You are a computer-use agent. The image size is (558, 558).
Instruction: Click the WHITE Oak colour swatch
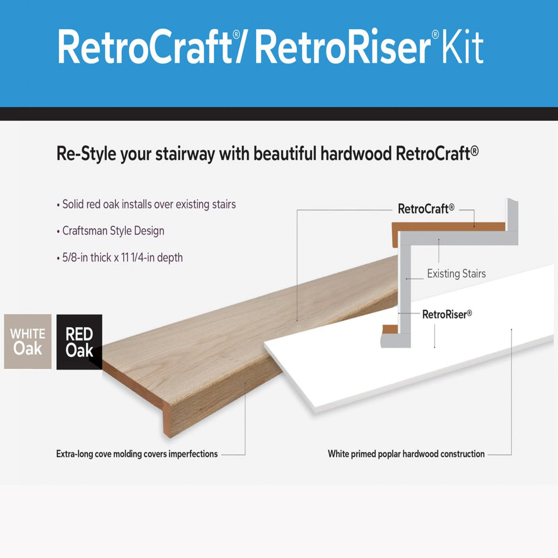tap(28, 342)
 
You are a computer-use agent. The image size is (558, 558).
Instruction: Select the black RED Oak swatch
tap(79, 342)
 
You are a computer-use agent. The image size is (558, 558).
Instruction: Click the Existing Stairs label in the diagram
tap(456, 274)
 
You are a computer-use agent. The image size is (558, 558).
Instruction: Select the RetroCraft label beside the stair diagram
tap(426, 209)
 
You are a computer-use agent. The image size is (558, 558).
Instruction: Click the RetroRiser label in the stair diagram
tap(447, 314)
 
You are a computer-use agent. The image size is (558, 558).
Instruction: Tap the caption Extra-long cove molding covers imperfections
tap(137, 454)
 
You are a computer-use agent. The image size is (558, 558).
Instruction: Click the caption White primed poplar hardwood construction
tap(406, 454)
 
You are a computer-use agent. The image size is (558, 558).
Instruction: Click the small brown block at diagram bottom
tap(390, 329)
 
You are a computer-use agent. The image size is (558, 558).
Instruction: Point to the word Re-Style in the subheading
tap(86, 154)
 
